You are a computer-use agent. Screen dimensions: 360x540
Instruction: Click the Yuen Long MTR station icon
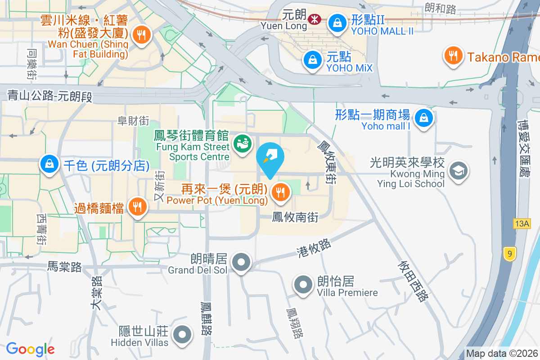point(314,18)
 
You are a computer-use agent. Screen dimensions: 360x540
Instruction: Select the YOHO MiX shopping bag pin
point(312,60)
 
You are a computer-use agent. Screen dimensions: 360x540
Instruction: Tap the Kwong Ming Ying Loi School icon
point(459,171)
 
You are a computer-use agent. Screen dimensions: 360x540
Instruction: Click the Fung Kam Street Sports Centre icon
point(242,144)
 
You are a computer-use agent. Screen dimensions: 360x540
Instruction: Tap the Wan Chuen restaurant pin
point(141,34)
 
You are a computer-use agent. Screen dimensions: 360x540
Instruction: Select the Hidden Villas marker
point(182,334)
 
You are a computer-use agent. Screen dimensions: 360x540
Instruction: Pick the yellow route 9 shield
point(509,254)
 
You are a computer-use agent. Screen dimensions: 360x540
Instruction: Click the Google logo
point(30,349)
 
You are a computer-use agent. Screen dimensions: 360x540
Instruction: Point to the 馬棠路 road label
point(64,267)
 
